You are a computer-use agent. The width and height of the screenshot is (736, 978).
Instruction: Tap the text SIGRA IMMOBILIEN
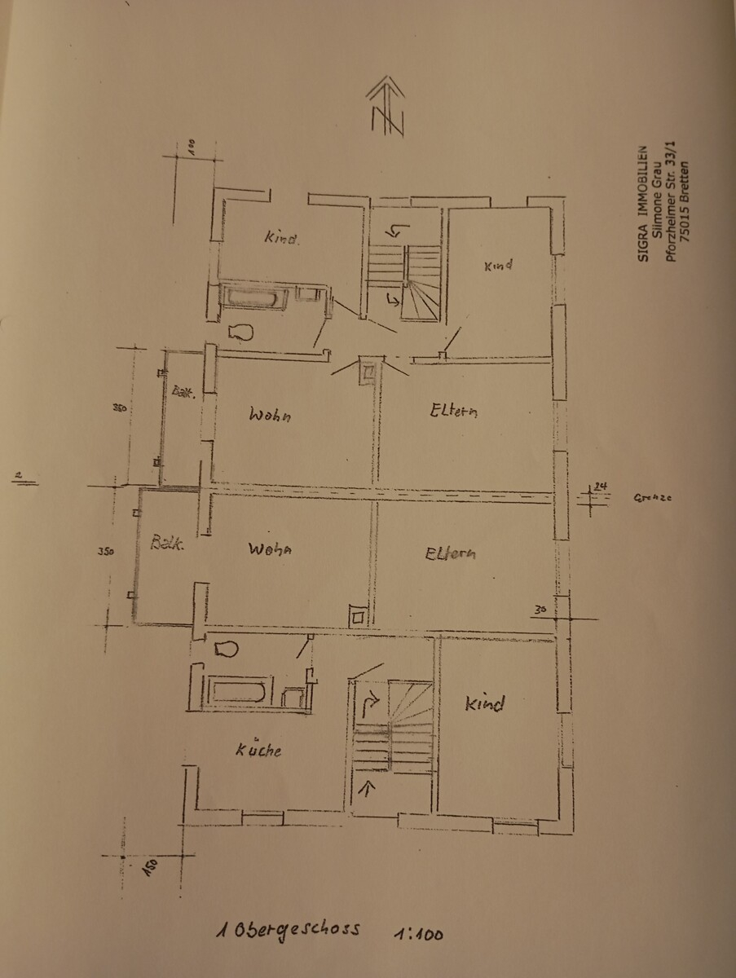coord(642,204)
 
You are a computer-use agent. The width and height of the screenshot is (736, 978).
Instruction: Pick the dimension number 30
coord(539,609)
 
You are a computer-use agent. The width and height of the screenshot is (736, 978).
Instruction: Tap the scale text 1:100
coord(417,934)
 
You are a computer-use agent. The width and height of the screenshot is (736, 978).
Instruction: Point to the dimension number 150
coord(151,867)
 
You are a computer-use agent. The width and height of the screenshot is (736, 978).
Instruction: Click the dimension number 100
coord(191,148)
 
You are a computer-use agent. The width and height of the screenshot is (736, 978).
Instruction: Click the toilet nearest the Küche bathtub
coord(225,649)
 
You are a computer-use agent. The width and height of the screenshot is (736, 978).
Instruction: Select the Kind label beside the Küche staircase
coord(484,703)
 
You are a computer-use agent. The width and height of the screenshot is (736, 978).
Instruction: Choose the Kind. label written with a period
coord(282,239)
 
